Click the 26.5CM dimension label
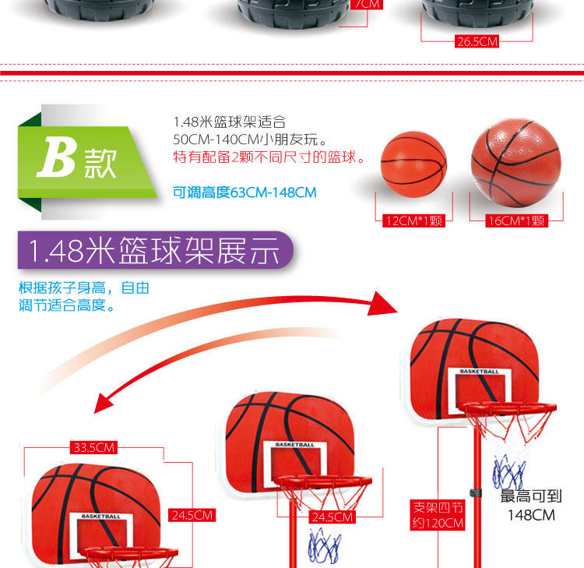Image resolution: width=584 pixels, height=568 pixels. click(x=477, y=42)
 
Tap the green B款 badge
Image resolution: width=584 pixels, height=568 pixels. click(x=76, y=160)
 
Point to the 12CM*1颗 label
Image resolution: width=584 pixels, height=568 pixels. click(x=414, y=221)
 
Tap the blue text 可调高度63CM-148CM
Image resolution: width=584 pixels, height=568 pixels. click(x=245, y=192)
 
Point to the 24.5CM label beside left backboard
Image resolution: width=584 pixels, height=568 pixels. click(x=192, y=515)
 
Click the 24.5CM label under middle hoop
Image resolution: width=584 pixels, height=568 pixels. click(x=332, y=517)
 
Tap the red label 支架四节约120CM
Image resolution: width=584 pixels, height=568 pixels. click(x=438, y=516)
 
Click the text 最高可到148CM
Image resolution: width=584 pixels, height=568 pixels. click(x=530, y=506)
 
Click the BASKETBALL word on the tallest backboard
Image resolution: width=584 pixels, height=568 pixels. click(x=479, y=372)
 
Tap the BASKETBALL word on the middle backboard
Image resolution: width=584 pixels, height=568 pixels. click(x=295, y=445)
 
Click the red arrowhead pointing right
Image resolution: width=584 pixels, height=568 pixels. click(x=384, y=302)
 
